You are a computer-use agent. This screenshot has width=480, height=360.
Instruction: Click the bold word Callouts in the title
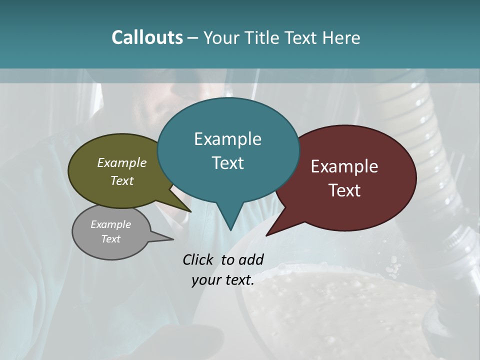coord(147,37)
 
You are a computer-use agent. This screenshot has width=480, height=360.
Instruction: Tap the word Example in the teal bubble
coord(227,139)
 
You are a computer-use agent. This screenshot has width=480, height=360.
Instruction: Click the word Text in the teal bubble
coord(227,163)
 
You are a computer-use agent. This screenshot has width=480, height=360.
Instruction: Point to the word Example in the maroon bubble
coord(344,166)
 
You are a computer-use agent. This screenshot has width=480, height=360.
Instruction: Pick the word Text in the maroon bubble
coord(344,190)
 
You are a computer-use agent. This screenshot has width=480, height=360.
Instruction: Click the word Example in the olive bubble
coord(122,163)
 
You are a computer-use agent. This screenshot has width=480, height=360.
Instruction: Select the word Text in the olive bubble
coord(122,180)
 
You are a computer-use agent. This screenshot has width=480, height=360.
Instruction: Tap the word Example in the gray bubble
coord(110,224)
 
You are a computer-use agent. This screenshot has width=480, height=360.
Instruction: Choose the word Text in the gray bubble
coord(110,239)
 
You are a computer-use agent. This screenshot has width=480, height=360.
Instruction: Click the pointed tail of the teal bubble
coord(230,227)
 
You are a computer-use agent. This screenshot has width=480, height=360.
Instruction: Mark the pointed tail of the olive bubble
coord(189,210)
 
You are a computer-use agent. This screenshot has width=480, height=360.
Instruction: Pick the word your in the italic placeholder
coord(204,280)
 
